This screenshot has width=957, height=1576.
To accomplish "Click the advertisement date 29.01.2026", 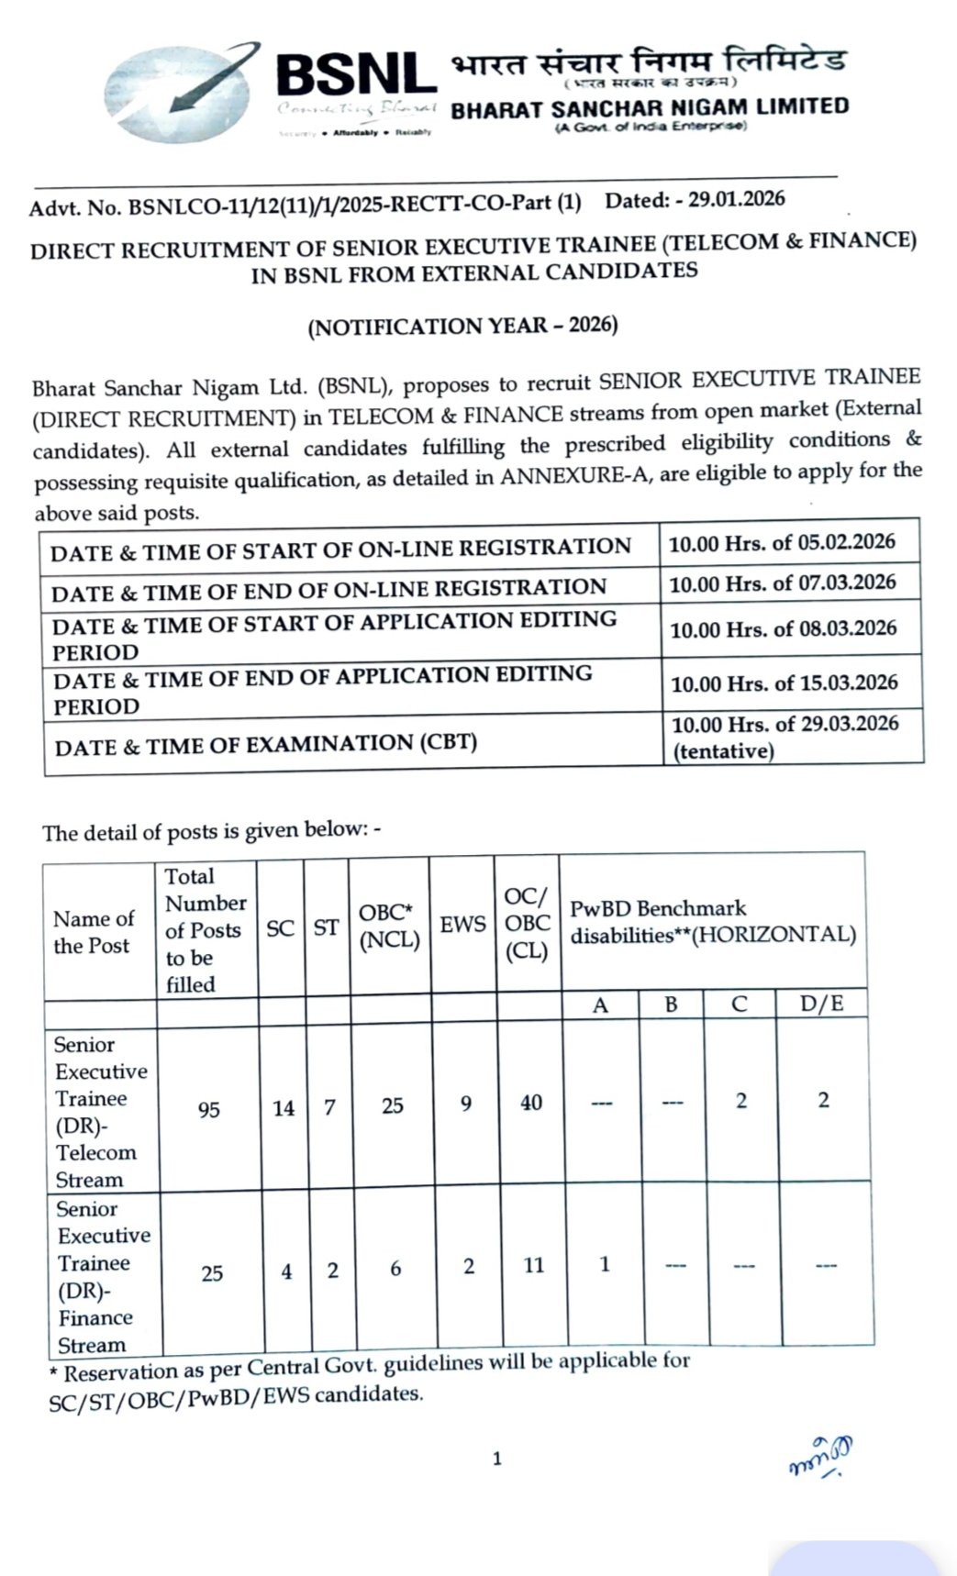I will tap(740, 200).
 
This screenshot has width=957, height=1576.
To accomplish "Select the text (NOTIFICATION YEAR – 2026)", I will tap(462, 327).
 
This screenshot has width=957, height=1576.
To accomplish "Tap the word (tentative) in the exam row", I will tap(724, 751).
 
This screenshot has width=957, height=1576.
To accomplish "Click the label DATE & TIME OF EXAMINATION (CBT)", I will tap(266, 743).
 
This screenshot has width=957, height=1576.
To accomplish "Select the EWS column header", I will tap(462, 925).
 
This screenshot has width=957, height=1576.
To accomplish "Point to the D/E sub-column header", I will tap(821, 1004).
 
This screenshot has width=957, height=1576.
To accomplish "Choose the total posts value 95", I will tap(209, 1110).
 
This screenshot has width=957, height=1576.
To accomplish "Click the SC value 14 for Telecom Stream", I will tap(284, 1108).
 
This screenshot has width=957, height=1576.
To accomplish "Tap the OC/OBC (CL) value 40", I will tap(531, 1103).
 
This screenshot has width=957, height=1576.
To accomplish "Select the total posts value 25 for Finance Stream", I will tap(212, 1273).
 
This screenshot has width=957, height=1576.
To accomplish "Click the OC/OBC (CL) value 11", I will tap(534, 1266).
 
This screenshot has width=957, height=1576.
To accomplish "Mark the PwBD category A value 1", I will tap(605, 1264).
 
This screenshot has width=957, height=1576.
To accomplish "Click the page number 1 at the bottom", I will tap(497, 1459).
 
